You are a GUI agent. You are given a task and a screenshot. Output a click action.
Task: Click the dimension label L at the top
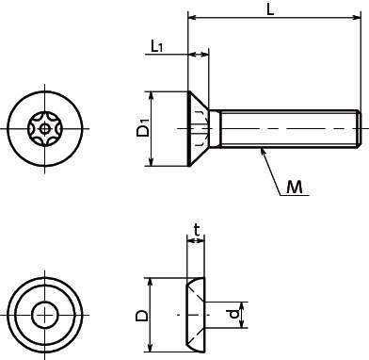click(x=270, y=9)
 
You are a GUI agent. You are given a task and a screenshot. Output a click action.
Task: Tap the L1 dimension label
click(x=157, y=47)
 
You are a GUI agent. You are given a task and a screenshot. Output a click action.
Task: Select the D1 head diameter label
click(x=143, y=128)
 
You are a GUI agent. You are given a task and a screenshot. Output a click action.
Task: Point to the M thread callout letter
click(x=295, y=188)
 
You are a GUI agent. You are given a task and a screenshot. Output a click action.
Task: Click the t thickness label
click(x=197, y=230)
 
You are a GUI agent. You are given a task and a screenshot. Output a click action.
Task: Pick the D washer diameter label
click(x=141, y=315)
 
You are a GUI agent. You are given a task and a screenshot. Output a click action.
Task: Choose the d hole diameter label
click(x=233, y=314)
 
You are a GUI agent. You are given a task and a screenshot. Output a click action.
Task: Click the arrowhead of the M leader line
click(x=263, y=152)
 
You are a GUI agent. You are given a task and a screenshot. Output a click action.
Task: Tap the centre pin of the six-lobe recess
click(x=45, y=128)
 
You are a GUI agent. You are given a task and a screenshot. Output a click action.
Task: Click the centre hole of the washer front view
click(x=44, y=315)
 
